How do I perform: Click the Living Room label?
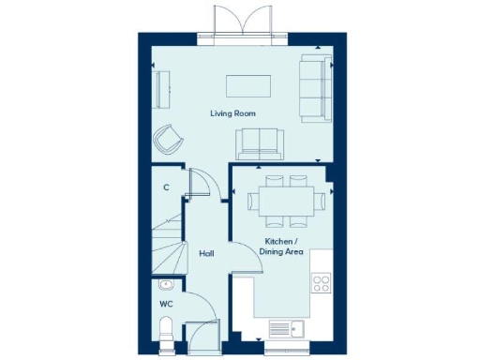232,113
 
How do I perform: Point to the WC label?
165,304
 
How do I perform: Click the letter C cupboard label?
166,187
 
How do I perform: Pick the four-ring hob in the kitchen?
320,283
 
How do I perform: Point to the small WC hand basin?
165,284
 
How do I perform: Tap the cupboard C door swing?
200,183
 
